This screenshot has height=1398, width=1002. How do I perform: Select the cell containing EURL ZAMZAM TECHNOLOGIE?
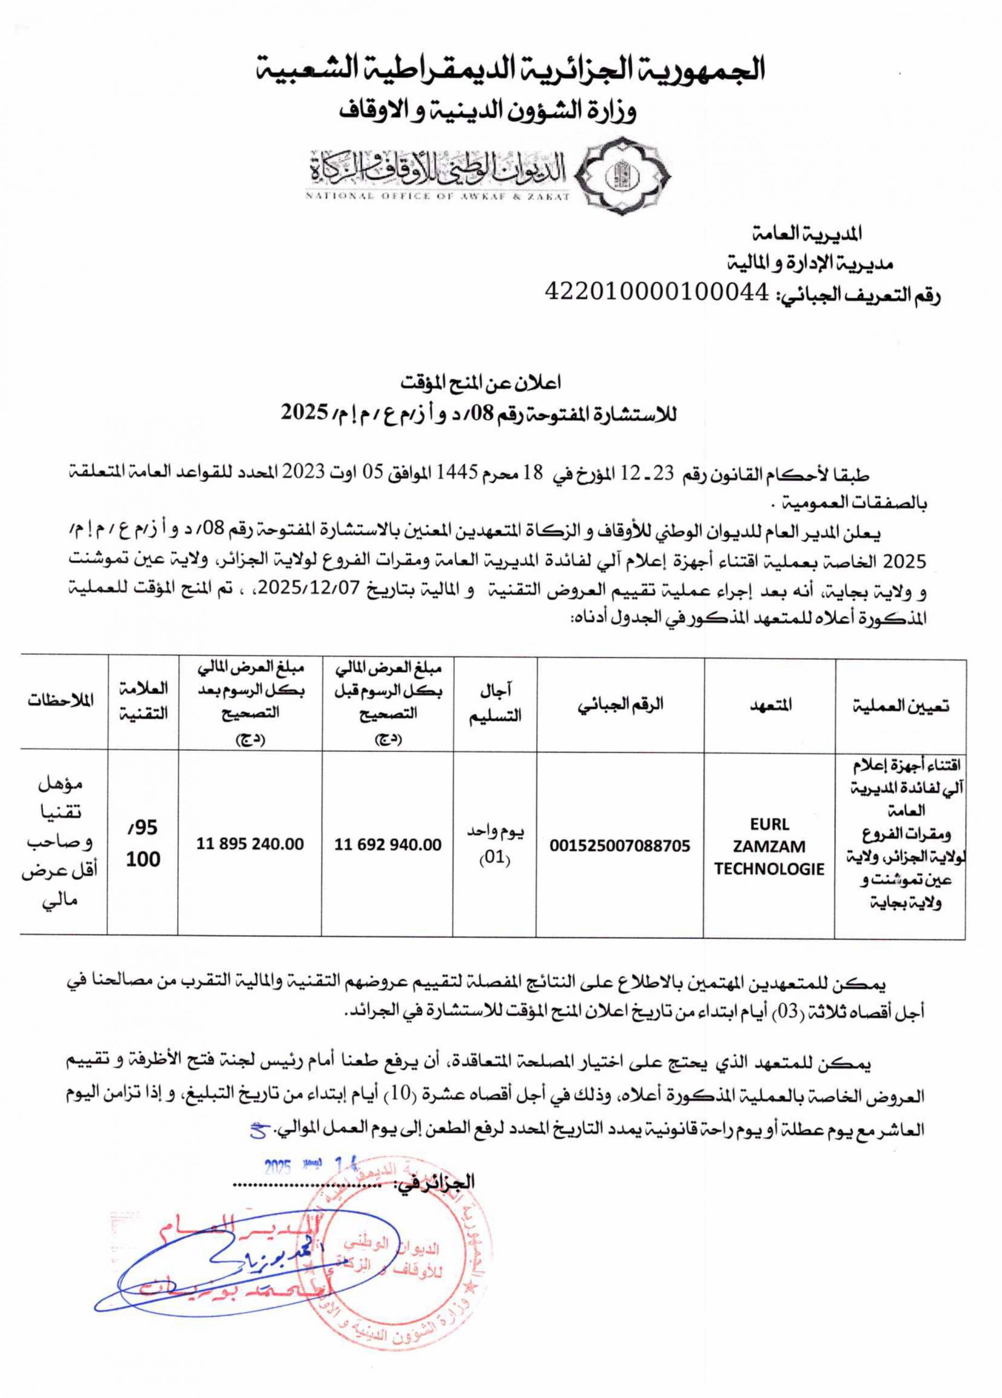coord(769,846)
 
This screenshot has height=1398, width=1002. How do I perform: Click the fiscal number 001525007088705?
coord(620,846)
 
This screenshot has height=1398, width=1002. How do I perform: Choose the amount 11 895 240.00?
coord(250,844)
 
